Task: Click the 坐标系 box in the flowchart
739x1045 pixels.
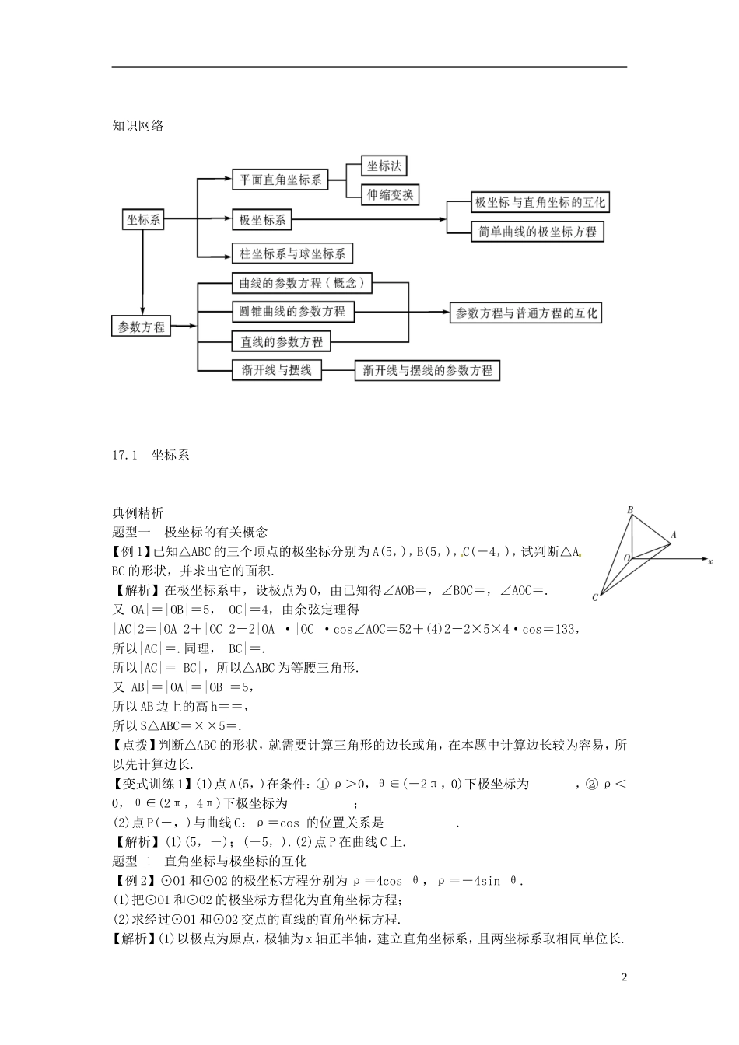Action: coord(144,220)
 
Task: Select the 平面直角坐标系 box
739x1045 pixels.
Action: coord(280,180)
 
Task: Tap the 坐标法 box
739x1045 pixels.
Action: coord(384,166)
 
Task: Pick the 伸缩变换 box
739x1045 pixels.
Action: coord(390,194)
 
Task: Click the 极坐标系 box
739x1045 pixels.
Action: coord(263,220)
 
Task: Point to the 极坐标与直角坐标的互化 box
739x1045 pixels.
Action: coord(540,202)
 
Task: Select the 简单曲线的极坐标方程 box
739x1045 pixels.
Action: coord(538,232)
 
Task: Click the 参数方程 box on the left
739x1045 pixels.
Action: coord(142,327)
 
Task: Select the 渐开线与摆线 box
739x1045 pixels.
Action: coord(276,370)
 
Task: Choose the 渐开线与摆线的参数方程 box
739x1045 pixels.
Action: coord(427,370)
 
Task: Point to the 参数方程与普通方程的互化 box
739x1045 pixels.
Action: coord(527,313)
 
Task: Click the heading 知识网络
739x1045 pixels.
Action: coord(138,125)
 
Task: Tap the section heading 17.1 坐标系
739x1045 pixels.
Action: coord(151,455)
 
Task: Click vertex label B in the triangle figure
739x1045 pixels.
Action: coord(630,510)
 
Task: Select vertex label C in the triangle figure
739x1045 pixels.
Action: coord(595,598)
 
